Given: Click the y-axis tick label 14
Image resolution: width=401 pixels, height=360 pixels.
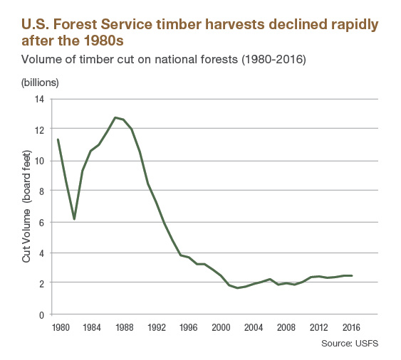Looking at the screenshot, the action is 39,99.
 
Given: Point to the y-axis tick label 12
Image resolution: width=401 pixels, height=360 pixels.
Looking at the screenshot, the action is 39,130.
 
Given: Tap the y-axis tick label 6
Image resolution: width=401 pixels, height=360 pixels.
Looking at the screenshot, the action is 41,223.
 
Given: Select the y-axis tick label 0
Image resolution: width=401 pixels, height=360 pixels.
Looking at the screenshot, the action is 41,315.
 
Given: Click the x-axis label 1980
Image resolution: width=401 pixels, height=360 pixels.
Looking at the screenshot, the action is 61,327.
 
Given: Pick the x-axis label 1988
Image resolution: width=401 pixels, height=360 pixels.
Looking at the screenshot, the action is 125,327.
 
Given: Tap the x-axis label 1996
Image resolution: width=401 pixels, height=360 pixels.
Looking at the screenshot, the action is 189,327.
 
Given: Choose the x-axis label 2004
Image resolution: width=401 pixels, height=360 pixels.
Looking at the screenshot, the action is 254,327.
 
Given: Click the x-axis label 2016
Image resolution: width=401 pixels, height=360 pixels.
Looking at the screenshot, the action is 351,327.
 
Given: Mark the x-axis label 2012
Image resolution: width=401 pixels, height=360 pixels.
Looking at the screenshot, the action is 318,327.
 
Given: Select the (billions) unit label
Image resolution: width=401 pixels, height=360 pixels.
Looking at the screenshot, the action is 40,83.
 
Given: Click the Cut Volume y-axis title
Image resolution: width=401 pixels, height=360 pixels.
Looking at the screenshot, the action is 26,206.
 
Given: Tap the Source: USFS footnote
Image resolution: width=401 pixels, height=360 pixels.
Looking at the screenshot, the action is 350,344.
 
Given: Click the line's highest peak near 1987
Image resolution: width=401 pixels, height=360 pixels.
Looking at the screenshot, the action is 115,117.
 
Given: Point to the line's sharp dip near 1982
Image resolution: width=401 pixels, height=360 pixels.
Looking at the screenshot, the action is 74,219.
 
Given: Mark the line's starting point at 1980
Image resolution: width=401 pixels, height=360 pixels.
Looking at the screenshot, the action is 58,139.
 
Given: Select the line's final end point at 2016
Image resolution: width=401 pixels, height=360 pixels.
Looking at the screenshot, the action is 352,275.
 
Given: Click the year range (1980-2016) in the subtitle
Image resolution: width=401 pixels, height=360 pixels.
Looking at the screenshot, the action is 274,60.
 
